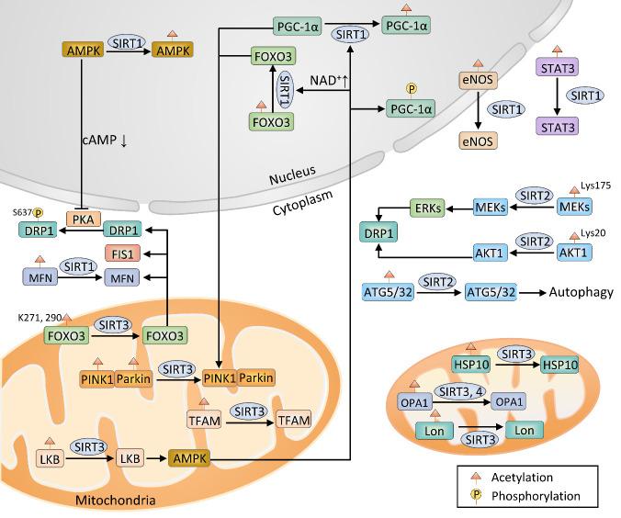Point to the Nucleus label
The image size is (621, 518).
(298, 172)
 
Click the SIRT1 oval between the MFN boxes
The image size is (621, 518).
(79, 266)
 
